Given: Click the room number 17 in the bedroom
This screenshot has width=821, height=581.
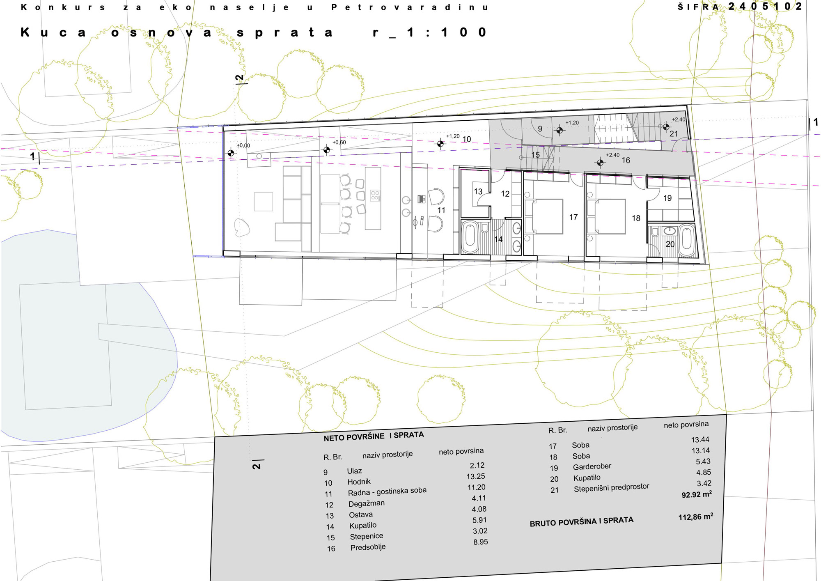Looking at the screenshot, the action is pyautogui.click(x=573, y=217).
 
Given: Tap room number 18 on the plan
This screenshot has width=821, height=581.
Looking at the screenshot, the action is pyautogui.click(x=636, y=218).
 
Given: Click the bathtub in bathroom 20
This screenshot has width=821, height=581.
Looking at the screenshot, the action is pyautogui.click(x=686, y=240).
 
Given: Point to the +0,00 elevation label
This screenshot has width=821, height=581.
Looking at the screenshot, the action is pyautogui.click(x=243, y=145).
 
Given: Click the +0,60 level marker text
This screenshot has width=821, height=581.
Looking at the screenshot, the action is pyautogui.click(x=339, y=142).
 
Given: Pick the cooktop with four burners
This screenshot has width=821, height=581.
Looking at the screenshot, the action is pyautogui.click(x=375, y=195).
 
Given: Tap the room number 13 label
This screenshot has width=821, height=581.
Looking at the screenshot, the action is pyautogui.click(x=478, y=191).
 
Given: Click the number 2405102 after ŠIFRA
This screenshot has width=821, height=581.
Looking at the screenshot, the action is pyautogui.click(x=765, y=6).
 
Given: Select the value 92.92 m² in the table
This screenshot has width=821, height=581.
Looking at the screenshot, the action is pyautogui.click(x=697, y=494).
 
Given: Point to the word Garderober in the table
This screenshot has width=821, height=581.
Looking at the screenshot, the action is pyautogui.click(x=592, y=467).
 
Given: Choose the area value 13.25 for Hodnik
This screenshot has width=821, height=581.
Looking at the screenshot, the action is pyautogui.click(x=476, y=476).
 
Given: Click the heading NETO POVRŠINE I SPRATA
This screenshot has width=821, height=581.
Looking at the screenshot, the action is pyautogui.click(x=374, y=436).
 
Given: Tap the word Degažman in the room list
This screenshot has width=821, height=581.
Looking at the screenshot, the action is pyautogui.click(x=367, y=503).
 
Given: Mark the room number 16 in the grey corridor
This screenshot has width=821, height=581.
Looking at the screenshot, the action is pyautogui.click(x=626, y=160).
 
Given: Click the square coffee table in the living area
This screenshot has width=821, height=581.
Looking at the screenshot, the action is pyautogui.click(x=264, y=202).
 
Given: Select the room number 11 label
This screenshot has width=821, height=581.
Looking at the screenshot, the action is pyautogui.click(x=441, y=210).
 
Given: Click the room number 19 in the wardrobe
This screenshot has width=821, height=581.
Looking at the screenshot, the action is pyautogui.click(x=667, y=198).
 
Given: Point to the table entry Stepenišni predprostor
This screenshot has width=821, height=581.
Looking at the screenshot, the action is pyautogui.click(x=612, y=488).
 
